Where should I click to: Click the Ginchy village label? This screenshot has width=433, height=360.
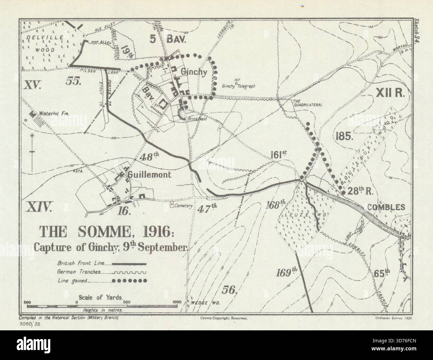click(x=199, y=72)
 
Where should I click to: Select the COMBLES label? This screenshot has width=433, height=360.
click(x=386, y=207)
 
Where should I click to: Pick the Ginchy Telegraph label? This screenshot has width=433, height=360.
click(x=238, y=86)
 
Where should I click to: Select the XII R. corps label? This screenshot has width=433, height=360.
click(x=390, y=94)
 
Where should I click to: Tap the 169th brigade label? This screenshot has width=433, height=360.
click(x=286, y=273)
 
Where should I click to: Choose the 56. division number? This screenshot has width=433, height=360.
click(x=229, y=289)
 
